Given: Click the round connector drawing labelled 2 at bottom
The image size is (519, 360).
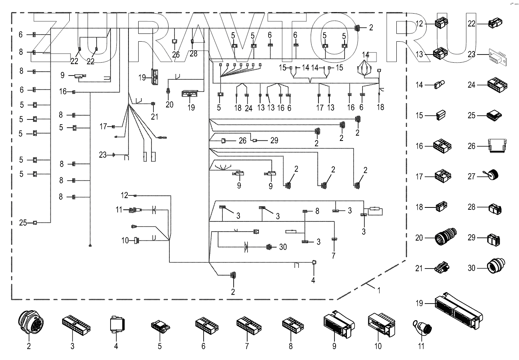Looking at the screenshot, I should (29, 323).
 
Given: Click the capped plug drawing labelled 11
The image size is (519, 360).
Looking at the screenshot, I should (421, 325).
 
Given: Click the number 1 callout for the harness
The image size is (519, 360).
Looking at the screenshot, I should (378, 290).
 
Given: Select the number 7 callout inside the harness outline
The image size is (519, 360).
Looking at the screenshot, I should (333, 256).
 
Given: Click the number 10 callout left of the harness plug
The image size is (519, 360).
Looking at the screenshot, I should (125, 241).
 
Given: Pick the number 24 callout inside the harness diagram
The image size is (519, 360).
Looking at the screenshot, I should (249, 108).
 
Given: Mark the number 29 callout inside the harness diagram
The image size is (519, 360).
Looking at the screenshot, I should (274, 140).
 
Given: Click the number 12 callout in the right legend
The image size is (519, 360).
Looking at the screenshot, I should (419, 24).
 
